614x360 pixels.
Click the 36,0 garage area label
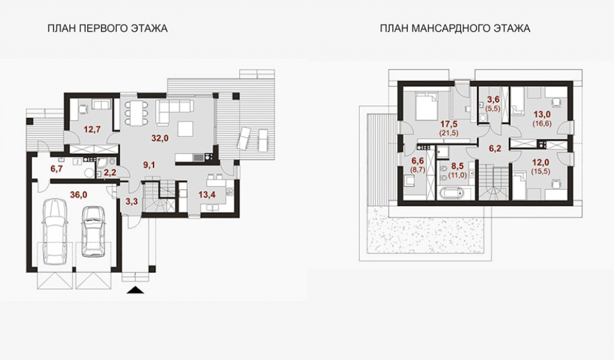tap(79, 195)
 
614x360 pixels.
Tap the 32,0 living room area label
tap(160, 138)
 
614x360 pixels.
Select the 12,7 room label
tap(92, 129)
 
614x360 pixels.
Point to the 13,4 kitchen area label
tap(207, 195)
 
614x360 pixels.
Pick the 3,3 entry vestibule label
tap(131, 202)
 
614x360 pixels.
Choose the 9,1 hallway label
tap(149, 165)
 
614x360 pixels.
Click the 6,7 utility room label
tap(57, 169)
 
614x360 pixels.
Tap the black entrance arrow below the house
tap(136, 290)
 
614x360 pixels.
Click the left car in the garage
tap(57, 231)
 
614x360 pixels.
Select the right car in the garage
tap(94, 231)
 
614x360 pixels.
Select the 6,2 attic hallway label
tap(495, 149)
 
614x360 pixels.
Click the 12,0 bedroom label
tap(541, 162)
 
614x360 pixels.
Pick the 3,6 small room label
tap(493, 100)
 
